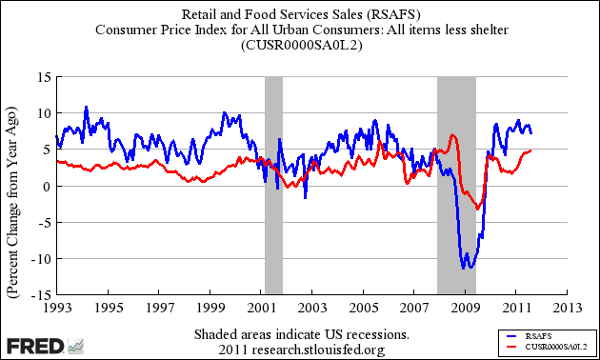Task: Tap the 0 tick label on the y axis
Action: pos(43,187)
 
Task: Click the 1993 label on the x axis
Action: pos(55,309)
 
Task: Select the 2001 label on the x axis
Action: pos(261,309)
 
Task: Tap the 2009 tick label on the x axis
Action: pos(466,309)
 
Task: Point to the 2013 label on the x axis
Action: pos(569,309)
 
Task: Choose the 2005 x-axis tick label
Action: pos(363,309)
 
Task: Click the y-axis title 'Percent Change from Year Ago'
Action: pos(13,186)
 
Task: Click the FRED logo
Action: pos(44,345)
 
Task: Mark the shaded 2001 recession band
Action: pos(273,186)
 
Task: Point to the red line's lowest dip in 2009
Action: pos(478,210)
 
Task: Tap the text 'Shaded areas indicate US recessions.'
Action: pos(301,335)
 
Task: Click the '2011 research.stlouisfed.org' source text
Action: pos(301,350)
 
